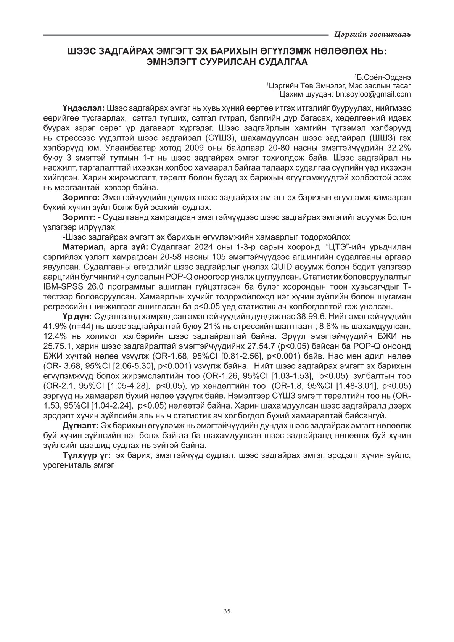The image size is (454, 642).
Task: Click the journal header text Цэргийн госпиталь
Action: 372,35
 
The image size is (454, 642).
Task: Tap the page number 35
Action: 227,611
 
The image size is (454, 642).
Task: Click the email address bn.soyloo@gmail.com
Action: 373,94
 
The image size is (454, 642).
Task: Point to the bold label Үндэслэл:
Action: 84,108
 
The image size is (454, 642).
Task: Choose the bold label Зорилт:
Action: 79,217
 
